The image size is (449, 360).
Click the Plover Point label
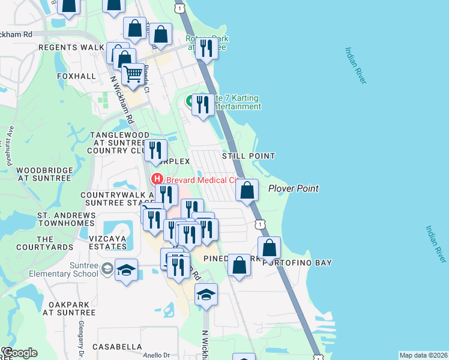293,188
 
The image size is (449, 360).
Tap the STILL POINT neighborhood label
249,156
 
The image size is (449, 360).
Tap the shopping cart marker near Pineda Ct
133,75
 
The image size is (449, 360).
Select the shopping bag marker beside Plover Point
247,191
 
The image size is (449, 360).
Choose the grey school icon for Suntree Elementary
107,267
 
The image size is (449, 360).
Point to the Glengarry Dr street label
80,340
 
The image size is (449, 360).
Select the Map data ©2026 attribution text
422,355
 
